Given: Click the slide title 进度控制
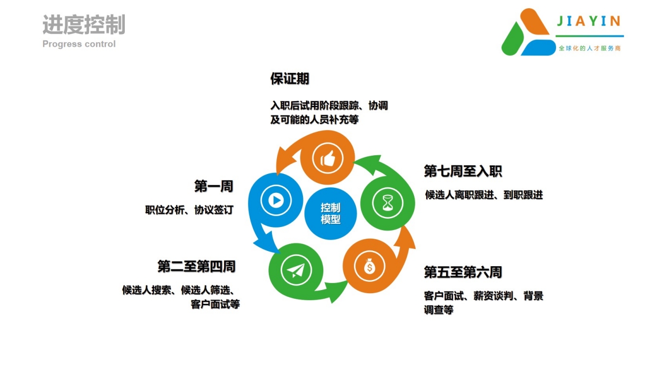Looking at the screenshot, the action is click(x=84, y=24).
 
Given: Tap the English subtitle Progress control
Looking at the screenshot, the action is click(x=79, y=44).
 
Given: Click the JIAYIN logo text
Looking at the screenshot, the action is click(x=588, y=21).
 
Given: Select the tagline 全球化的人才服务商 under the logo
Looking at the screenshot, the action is click(x=589, y=48).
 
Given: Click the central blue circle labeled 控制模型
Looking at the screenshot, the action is click(x=330, y=213).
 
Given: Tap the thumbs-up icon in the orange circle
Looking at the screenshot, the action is click(x=328, y=158).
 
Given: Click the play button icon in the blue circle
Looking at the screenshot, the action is click(x=276, y=201).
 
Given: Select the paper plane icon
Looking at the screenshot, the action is click(x=296, y=270).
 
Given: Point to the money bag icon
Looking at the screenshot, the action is click(x=369, y=266).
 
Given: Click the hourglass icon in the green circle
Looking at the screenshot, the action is click(x=388, y=203).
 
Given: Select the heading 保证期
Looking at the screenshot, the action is click(x=290, y=79).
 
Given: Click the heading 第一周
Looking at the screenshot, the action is click(x=214, y=186).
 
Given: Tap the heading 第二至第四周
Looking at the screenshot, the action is click(x=197, y=266).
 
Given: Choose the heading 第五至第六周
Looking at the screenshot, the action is click(x=463, y=272).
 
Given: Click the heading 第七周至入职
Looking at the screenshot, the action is click(x=463, y=171).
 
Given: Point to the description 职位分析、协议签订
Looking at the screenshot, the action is click(x=189, y=210).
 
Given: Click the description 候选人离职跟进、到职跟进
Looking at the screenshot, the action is click(x=484, y=195).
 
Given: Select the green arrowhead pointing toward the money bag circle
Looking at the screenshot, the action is click(x=336, y=292).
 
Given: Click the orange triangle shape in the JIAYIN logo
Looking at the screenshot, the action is click(x=534, y=22).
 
